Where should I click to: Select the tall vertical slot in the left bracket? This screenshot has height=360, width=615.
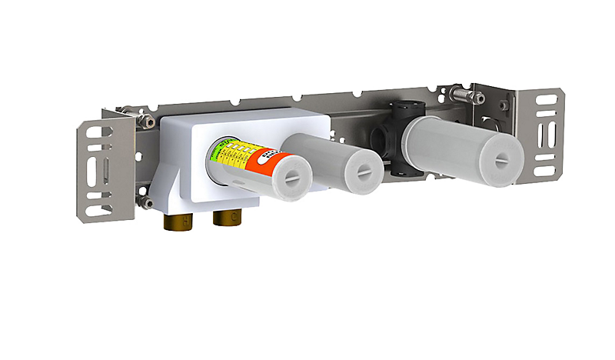coord(106,168)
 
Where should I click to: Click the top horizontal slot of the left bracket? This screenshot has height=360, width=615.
coord(98,132)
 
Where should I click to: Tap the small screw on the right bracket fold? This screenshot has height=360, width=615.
coord(503,105)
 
